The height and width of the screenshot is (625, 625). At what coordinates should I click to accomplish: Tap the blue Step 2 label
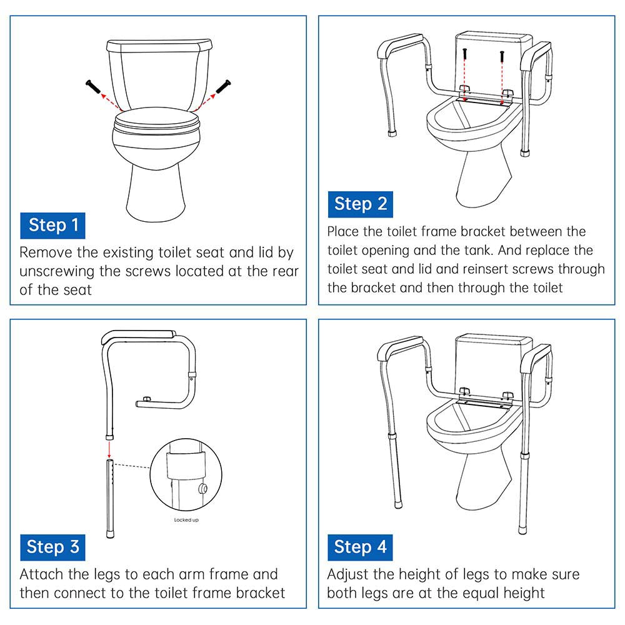pos(361,204)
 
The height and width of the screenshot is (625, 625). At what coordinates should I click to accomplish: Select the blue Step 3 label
pos(53,547)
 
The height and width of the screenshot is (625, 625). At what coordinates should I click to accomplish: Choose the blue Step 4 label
pos(361,547)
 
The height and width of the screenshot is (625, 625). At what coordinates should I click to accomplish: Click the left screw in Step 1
pos(91,86)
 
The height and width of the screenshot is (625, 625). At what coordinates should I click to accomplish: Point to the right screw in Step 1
pos(224,86)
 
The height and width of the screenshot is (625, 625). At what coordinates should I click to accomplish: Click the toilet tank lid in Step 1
pos(160,46)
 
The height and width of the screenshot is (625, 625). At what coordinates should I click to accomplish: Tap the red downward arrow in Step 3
pos(109,448)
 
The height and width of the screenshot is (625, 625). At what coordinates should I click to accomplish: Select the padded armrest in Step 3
pos(137,336)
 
